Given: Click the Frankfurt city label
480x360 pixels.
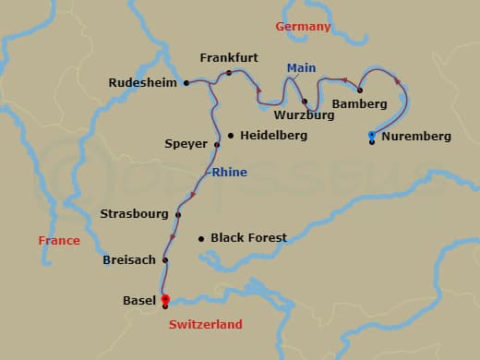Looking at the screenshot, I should tap(229, 57).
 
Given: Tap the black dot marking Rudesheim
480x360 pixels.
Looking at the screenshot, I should tap(186, 82).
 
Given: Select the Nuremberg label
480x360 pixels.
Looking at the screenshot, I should tap(416, 137).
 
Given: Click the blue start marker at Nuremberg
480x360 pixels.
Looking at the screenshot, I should tap(371, 135).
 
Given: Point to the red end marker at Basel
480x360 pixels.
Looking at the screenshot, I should tap(165, 299).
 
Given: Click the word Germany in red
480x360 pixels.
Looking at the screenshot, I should tap(303, 27).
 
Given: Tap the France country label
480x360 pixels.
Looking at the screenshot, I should tap(59, 241).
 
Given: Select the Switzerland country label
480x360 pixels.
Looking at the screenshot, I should tap(205, 325).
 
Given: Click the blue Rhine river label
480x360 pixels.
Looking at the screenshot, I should tap(229, 172).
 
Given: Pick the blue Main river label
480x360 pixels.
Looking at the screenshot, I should tap(301, 68).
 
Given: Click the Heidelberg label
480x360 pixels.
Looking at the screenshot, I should tap(273, 135).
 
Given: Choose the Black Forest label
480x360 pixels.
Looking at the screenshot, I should tap(248, 237).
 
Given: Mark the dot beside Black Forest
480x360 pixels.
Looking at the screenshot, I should tap(200, 238).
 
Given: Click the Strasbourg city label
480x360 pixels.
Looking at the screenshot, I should tap(134, 214).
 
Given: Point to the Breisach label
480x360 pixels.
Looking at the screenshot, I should tap(129, 260).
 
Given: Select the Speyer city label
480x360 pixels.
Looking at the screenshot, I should tap(186, 144).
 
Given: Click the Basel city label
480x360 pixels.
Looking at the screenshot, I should tap(139, 301).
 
